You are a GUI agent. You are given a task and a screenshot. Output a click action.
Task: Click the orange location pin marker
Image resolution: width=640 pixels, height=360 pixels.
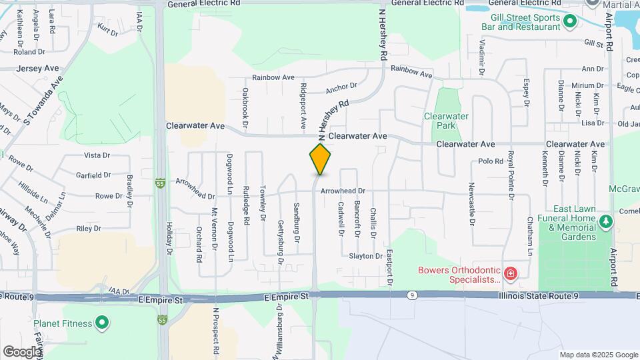(320, 159)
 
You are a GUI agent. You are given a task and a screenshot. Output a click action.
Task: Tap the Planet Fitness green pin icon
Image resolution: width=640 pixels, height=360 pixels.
(102, 323)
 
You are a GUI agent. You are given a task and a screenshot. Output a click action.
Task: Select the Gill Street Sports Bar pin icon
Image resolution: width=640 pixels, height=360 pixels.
(569, 22)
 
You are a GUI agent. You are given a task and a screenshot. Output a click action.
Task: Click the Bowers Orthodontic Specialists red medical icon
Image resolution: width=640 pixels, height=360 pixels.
(510, 274)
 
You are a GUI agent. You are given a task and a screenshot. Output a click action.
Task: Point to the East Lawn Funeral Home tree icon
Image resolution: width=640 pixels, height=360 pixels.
(605, 221)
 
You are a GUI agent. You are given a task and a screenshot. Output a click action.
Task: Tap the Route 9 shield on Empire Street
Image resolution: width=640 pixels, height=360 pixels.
(413, 295)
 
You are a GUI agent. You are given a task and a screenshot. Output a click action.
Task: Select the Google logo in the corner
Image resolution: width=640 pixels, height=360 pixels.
(22, 351)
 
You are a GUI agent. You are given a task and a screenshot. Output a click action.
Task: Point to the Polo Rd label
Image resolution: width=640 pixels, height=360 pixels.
(491, 161)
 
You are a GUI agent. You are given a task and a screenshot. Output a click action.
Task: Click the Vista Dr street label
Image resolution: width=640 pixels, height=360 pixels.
(97, 155)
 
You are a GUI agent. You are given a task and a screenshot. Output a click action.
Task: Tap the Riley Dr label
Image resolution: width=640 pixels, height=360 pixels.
(88, 228)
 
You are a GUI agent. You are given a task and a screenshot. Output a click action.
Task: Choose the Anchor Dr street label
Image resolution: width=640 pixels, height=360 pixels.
(341, 87)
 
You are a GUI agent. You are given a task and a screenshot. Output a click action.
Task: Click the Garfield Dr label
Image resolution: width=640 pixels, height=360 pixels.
(93, 175)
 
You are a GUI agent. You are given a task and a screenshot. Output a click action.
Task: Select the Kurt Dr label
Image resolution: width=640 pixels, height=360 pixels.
(107, 29)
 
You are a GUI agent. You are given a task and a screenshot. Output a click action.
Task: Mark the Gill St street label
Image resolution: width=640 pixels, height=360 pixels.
(593, 43)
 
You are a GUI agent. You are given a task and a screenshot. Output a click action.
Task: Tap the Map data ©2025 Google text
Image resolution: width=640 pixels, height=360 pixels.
(597, 355)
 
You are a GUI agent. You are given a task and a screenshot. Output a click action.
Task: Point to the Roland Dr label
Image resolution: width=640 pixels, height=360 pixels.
(29, 51)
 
